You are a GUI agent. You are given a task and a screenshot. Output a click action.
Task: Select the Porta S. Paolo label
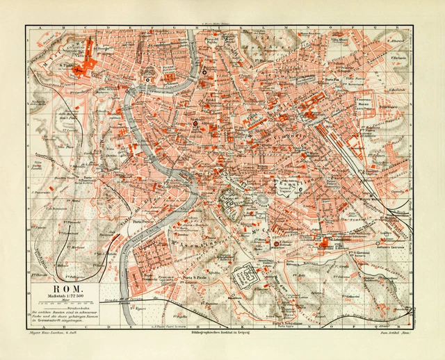(x=192, y=279)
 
